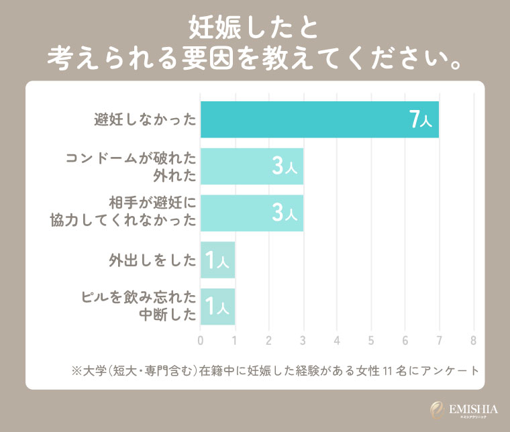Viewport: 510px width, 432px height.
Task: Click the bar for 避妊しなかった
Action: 319,120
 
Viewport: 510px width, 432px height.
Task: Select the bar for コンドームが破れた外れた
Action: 252,166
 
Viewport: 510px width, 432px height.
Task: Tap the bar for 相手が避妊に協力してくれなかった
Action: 252,213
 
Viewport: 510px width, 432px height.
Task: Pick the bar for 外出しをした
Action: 217,260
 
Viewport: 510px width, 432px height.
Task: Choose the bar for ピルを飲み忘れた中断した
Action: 217,307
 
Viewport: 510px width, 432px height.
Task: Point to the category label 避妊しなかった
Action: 145,121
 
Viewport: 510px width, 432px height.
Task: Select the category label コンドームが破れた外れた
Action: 131,166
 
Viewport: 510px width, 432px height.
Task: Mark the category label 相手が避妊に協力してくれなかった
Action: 124,213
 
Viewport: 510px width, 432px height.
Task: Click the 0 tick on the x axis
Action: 201,340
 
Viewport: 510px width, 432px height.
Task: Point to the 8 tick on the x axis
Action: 474,340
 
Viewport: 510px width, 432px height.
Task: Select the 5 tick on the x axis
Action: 371,340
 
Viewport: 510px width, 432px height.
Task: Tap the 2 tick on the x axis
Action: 269,340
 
